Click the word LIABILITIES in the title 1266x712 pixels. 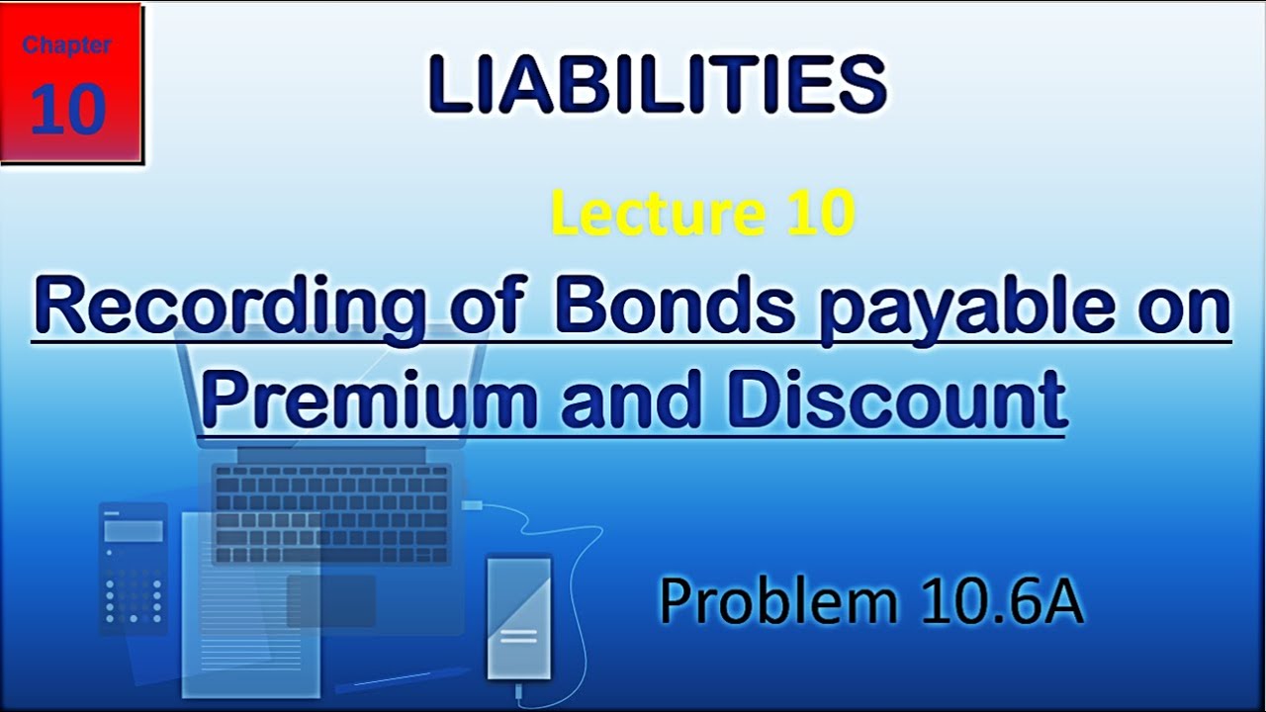[x=658, y=84]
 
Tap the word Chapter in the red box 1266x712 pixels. [x=67, y=45]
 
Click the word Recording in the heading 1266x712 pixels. [x=226, y=309]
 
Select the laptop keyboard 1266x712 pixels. [x=331, y=513]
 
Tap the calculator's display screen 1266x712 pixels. [x=134, y=531]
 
